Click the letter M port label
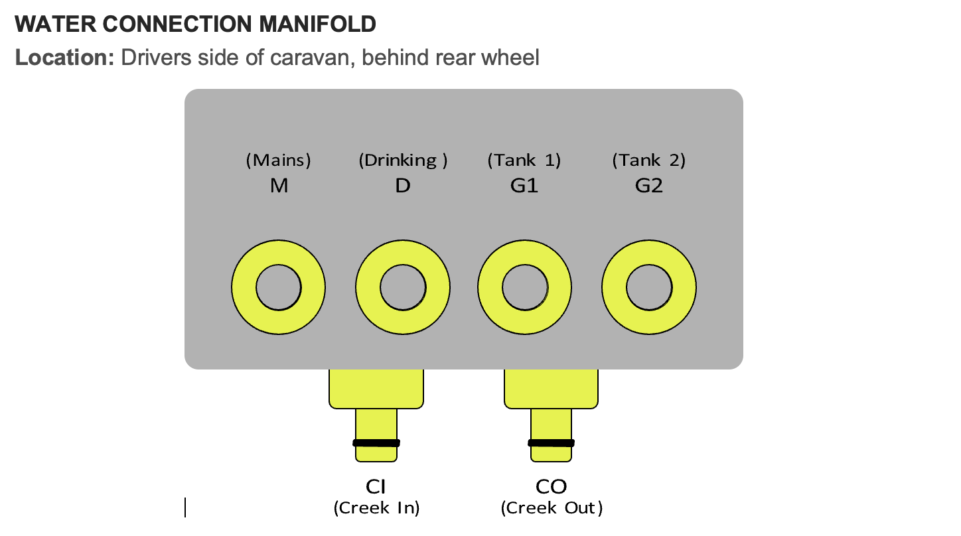click(279, 186)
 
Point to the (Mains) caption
click(279, 160)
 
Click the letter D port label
click(403, 186)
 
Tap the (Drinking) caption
click(403, 160)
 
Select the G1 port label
click(524, 186)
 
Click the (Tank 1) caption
click(524, 160)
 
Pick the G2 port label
click(648, 186)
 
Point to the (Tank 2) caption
click(648, 160)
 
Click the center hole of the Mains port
click(279, 288)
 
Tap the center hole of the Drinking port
click(403, 288)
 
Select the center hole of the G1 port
click(525, 288)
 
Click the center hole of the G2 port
click(648, 288)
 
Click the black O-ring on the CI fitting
click(376, 442)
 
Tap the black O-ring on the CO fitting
click(551, 442)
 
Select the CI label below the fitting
click(376, 487)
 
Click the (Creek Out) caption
click(552, 508)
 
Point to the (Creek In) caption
click(376, 508)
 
